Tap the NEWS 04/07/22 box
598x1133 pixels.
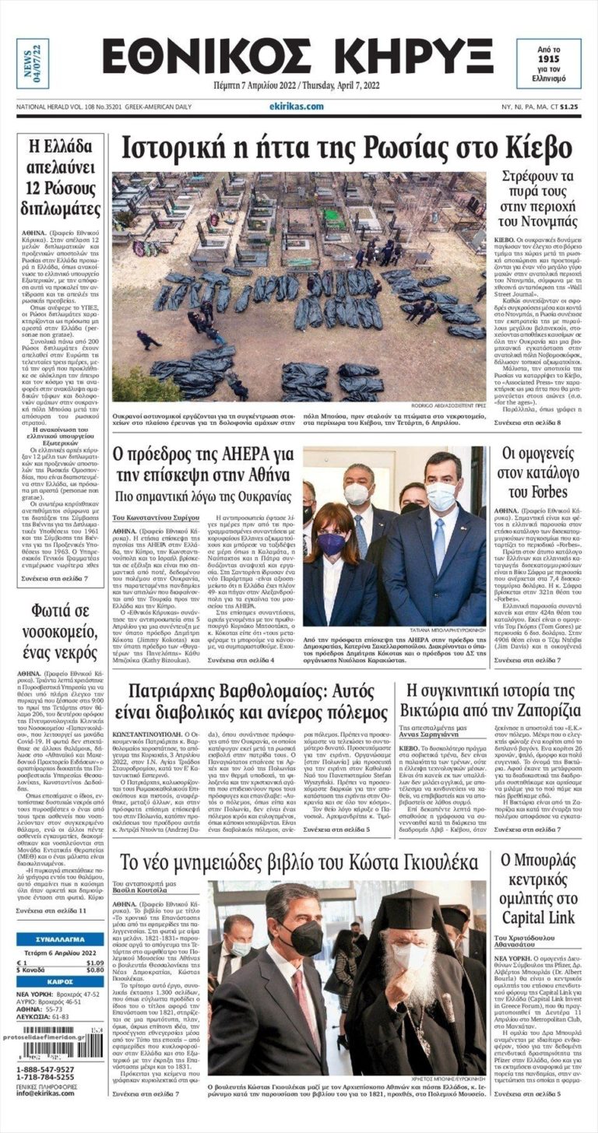click(x=32, y=63)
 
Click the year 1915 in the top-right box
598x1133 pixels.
click(x=548, y=58)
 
